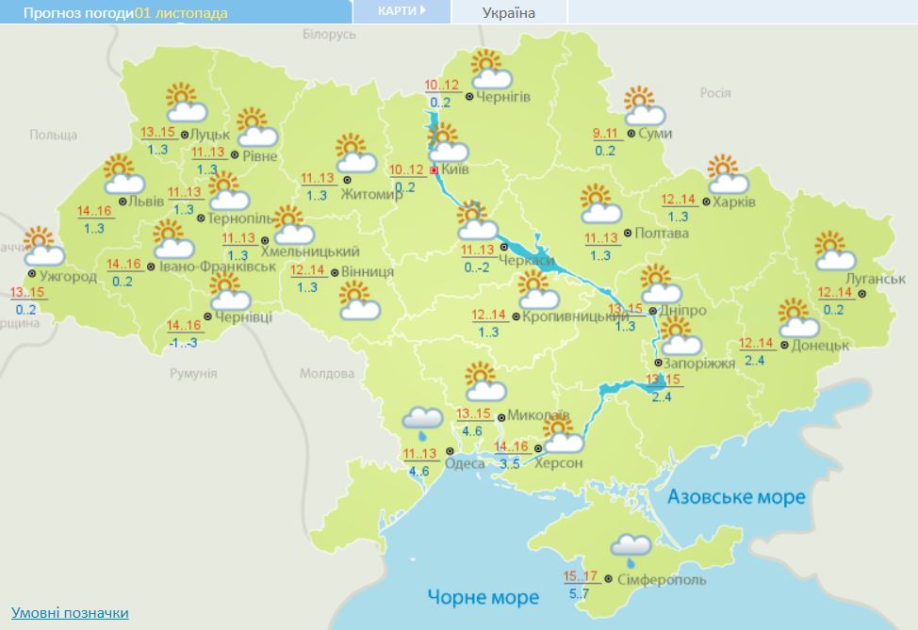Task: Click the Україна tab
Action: tap(508, 12)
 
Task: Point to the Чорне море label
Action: tap(484, 597)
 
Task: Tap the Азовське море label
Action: tap(736, 496)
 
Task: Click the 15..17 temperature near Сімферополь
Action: tap(581, 576)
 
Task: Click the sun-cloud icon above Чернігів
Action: tap(491, 70)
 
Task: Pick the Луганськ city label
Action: tap(877, 280)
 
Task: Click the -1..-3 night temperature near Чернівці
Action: tap(182, 343)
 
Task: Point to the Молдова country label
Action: tap(327, 373)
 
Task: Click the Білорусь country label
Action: tap(329, 34)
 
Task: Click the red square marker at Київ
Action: tap(434, 170)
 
